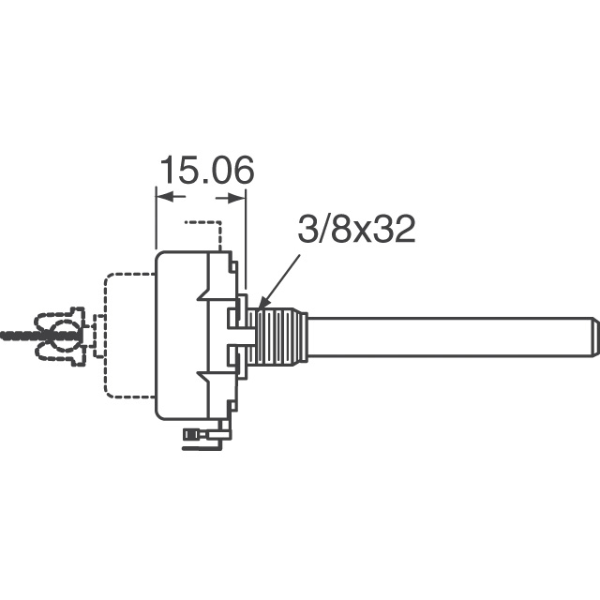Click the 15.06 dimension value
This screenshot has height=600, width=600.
[x=206, y=172]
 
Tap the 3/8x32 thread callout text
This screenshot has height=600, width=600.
[x=356, y=230]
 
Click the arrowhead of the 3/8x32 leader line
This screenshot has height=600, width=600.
[x=261, y=306]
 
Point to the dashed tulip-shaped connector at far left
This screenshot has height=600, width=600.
[x=61, y=336]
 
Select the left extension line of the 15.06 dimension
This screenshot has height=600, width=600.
[x=156, y=220]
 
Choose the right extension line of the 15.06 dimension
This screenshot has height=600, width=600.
[x=245, y=234]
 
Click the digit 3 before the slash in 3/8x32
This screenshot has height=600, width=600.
[x=306, y=230]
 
